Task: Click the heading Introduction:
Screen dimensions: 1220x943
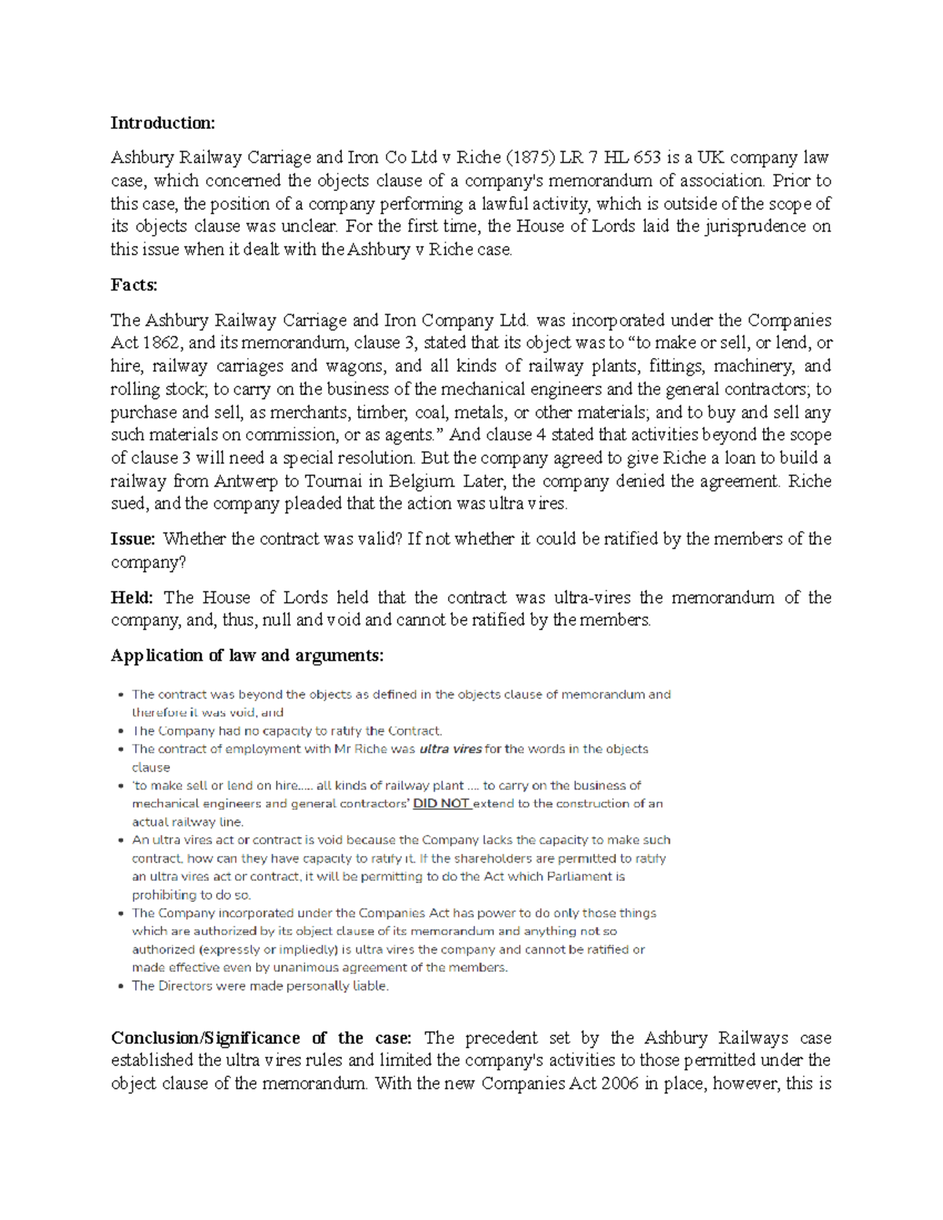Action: tap(162, 123)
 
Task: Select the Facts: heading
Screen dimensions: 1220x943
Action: tap(134, 285)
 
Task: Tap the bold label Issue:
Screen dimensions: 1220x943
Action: tap(134, 539)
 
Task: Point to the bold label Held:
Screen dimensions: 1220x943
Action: tap(131, 598)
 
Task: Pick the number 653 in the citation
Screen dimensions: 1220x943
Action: tap(647, 157)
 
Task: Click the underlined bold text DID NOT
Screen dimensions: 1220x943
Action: tap(441, 804)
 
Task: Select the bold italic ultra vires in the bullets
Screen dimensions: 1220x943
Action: tap(450, 749)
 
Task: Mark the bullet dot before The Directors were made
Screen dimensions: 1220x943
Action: tap(119, 987)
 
